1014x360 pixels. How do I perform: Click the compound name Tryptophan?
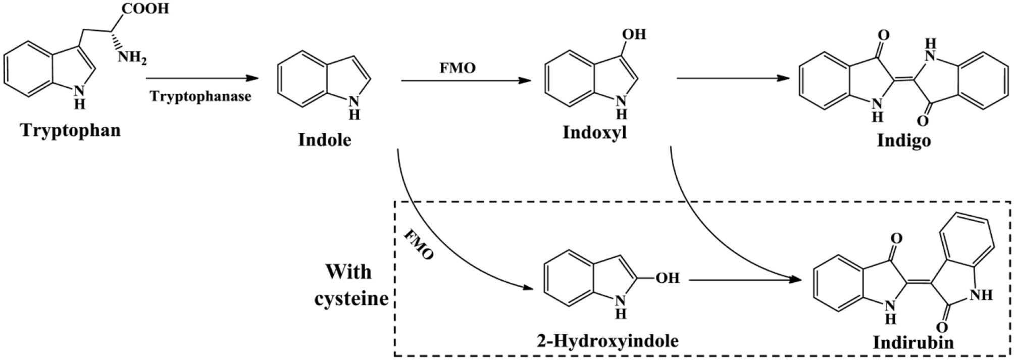pos(71,131)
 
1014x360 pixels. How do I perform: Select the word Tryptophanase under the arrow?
pos(200,96)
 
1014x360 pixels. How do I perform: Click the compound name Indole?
pos(324,139)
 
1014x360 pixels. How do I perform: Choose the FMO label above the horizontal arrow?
pos(458,68)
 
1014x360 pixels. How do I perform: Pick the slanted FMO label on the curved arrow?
pos(419,246)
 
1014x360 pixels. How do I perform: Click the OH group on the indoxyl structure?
pos(634,34)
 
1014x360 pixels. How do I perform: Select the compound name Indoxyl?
pos(594,133)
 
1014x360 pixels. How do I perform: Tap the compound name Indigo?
pos(903,140)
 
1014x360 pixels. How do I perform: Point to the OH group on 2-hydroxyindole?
pos(667,278)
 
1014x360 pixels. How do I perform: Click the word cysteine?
pos(351,298)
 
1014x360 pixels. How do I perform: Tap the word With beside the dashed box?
pos(348,272)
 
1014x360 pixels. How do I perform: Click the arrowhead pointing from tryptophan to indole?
pos(252,78)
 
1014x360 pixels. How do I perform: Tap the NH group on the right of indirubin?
pos(982,294)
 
